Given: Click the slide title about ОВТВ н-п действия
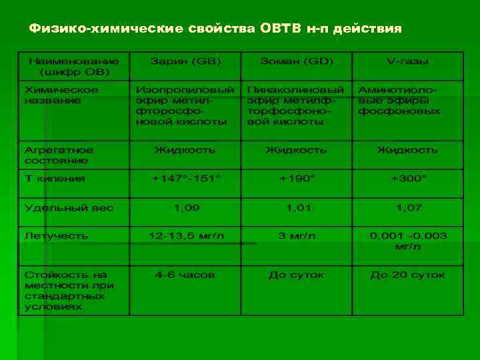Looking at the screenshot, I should point(215,29).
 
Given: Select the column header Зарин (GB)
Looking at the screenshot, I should point(185,61).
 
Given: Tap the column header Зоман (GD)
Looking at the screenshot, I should point(296,61).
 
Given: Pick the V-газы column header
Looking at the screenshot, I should point(407,61).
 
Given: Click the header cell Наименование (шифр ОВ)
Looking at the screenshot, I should point(74,66).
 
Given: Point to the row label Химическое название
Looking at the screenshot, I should point(61,95).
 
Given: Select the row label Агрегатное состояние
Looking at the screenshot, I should point(59,155).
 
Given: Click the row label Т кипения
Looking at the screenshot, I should point(55,179).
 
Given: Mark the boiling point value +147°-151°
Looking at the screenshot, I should point(185,179).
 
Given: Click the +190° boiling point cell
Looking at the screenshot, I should point(297,179).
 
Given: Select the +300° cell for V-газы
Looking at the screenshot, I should point(409,179).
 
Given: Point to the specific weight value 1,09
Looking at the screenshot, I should point(186,208).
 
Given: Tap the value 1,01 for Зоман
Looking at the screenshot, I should point(297,208).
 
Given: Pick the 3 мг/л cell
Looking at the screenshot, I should point(297,236).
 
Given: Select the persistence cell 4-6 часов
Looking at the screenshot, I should point(185,274).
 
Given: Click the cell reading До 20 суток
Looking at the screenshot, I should point(407,274).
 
